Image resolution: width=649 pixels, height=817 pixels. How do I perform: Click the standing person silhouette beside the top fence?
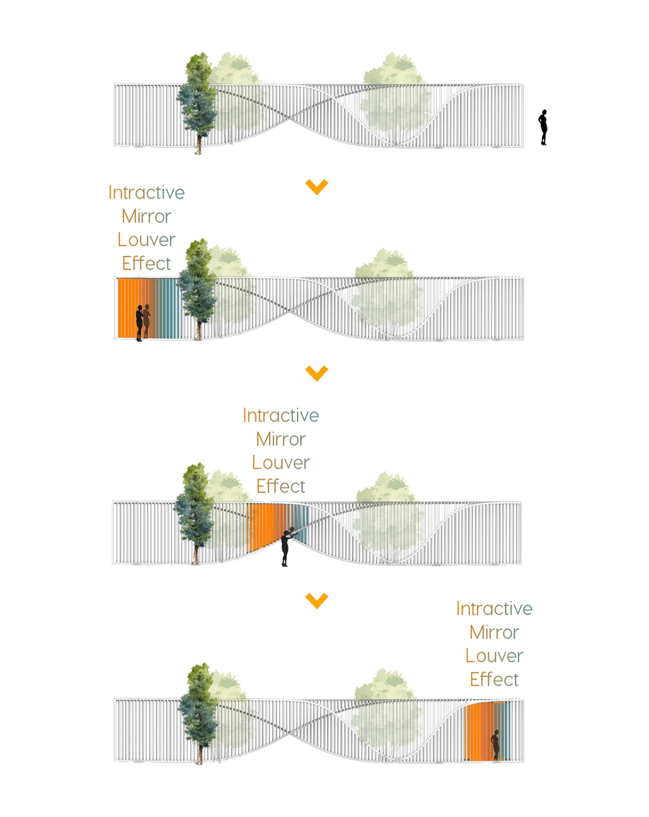click(x=543, y=127)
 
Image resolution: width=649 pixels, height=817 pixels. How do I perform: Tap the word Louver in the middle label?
click(x=281, y=463)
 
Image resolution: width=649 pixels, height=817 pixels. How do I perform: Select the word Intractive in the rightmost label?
click(x=494, y=609)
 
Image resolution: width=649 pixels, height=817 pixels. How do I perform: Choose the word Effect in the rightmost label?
click(x=494, y=679)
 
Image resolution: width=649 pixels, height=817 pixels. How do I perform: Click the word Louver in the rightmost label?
click(x=494, y=656)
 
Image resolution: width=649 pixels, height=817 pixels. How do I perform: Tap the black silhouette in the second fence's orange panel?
click(x=139, y=323)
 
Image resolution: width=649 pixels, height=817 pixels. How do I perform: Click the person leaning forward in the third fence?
click(x=287, y=546)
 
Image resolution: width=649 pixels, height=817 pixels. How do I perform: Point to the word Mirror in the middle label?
click(x=281, y=439)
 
